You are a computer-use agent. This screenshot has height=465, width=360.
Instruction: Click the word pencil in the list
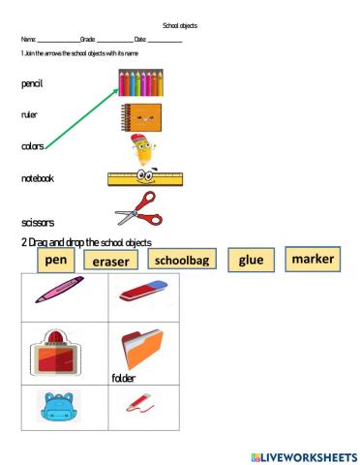coord(32,84)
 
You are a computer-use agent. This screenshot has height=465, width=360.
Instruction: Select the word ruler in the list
coord(29,114)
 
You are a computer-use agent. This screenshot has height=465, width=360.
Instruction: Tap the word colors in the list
coord(32,146)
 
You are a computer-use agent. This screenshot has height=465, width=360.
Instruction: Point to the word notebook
coord(38,178)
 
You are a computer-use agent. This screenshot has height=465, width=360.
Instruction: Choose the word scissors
coord(37,222)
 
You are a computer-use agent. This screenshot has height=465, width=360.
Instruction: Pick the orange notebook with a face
coord(140,117)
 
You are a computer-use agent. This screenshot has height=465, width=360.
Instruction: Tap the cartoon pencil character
coord(143,150)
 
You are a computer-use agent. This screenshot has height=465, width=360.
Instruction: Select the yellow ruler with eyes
coord(145,178)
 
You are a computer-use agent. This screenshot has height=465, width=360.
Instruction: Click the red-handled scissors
coord(136,208)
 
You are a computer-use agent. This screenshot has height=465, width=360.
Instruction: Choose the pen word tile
coord(56,260)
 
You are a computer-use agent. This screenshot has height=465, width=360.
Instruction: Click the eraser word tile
coord(111,261)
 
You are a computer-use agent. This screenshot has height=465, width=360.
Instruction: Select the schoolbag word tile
coord(184,260)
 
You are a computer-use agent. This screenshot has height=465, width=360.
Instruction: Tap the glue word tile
coord(250,260)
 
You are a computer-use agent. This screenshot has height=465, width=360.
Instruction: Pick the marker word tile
coord(312,259)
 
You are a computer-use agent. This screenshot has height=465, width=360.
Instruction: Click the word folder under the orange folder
coord(123,378)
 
